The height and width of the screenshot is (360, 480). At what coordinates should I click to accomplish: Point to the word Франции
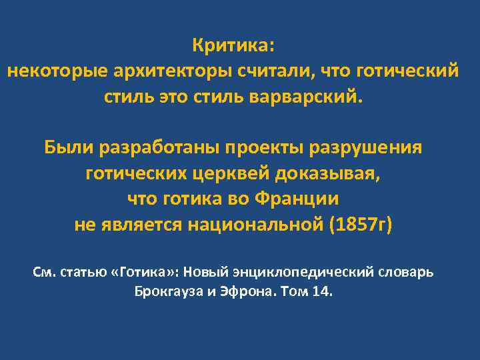pyautogui.click(x=303, y=198)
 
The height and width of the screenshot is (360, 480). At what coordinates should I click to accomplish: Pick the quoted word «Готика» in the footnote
pyautogui.click(x=147, y=273)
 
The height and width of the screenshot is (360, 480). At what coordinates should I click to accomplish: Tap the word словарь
pyautogui.click(x=409, y=273)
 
